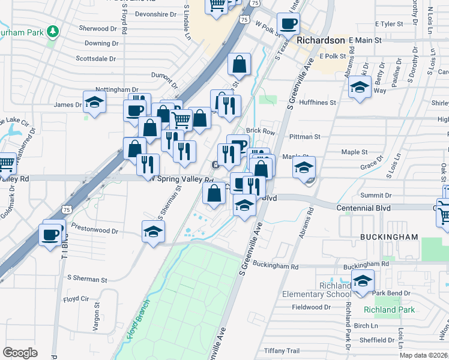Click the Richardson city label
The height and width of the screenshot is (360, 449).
coord(321,40)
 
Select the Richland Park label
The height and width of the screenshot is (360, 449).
coord(389,310)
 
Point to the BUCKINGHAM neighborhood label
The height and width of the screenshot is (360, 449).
coord(389,238)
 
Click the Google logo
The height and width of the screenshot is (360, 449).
coord(20,353)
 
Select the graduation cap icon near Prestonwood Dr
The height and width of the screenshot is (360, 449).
coord(154,232)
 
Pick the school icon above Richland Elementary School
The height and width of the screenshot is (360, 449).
coord(363,281)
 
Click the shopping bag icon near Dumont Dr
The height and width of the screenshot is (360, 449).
coord(239,65)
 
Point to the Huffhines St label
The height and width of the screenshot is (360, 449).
coord(316,103)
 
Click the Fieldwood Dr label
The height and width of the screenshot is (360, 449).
coord(312,307)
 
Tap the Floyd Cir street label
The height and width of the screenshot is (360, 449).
coord(76,298)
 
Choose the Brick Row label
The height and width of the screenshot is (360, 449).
coord(261,131)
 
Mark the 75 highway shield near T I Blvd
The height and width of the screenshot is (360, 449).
coord(67,209)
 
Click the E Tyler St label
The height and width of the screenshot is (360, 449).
coord(388,24)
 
